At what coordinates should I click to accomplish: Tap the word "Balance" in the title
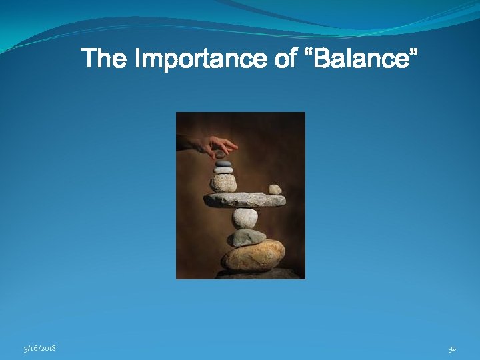pos(361,60)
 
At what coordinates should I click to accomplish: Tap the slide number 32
pos(452,348)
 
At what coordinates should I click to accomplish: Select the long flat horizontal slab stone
pos(244,199)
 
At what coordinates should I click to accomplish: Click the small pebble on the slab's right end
pos(275,189)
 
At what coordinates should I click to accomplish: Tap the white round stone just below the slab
pos(245,217)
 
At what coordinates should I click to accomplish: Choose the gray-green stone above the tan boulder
pos(248,237)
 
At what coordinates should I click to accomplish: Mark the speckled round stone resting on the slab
pos(223,183)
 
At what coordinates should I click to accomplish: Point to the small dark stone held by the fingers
pos(221,155)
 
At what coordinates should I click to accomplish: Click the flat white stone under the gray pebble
pos(223,170)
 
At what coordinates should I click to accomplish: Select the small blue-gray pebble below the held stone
pos(223,163)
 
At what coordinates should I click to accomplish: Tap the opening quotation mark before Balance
pos(308,52)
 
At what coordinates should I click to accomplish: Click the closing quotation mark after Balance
pos(414,52)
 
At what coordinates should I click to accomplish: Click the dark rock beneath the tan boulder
pos(257,273)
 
